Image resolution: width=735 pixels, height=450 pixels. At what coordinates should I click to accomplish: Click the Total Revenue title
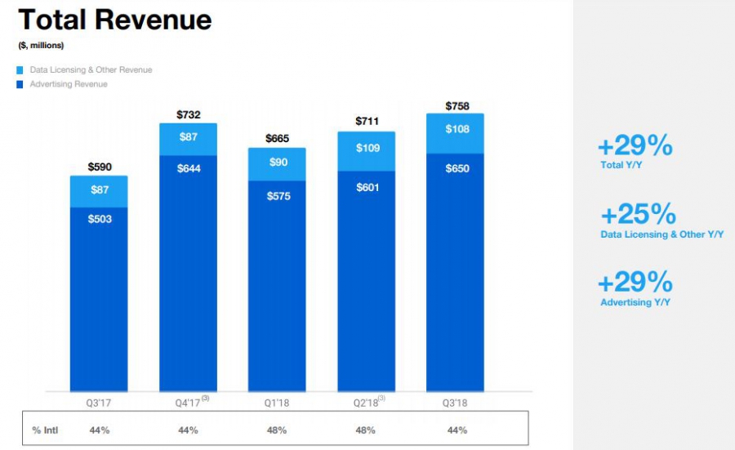pyautogui.click(x=114, y=19)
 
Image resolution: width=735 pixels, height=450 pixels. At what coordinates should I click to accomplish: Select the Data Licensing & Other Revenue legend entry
pyautogui.click(x=91, y=70)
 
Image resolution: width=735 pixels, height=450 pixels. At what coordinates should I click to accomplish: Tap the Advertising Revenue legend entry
pyautogui.click(x=68, y=84)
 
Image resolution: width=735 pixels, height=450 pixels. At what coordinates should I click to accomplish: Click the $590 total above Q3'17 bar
pyautogui.click(x=100, y=167)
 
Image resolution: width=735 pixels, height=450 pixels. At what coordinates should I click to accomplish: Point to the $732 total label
pyautogui.click(x=189, y=115)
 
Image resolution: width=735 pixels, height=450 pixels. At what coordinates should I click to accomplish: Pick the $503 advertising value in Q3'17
pyautogui.click(x=100, y=219)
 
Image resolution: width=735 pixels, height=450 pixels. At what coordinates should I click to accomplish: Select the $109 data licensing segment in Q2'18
pyautogui.click(x=367, y=149)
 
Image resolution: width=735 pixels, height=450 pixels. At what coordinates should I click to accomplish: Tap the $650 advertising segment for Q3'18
pyautogui.click(x=456, y=168)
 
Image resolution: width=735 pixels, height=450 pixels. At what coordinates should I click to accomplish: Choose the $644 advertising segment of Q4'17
pyautogui.click(x=189, y=168)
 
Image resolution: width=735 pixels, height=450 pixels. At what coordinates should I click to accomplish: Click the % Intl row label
pyautogui.click(x=45, y=430)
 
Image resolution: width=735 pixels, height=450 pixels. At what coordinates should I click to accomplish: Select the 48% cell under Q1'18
pyautogui.click(x=277, y=430)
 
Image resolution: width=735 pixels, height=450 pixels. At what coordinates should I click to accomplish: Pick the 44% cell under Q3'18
pyautogui.click(x=456, y=430)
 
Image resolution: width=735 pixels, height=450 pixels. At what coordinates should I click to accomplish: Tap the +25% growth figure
pyautogui.click(x=638, y=215)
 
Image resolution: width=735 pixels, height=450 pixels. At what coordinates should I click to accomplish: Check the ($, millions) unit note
pyautogui.click(x=41, y=46)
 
